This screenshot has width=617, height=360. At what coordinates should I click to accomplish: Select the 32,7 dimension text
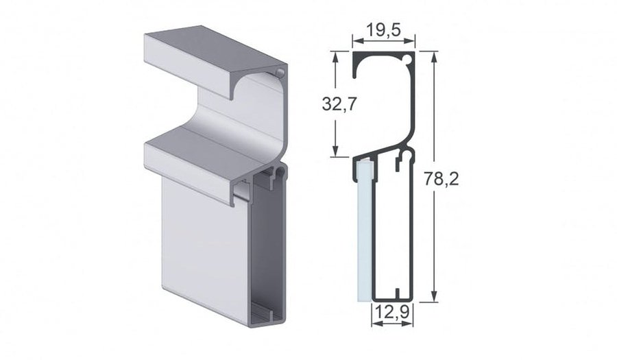coord(341,104)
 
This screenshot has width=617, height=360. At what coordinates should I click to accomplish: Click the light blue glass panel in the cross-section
coord(364,233)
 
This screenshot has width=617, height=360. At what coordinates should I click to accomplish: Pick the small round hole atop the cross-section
coord(409,60)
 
